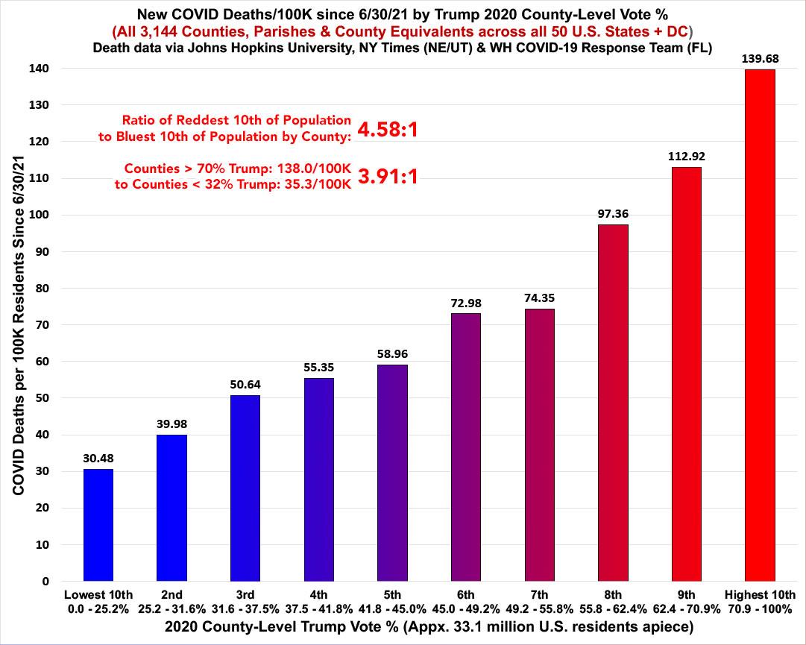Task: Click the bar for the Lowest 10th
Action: (x=98, y=525)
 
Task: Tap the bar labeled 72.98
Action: (x=466, y=447)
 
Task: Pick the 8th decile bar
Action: (x=613, y=403)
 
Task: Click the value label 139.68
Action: (x=761, y=57)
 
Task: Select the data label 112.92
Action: (x=687, y=156)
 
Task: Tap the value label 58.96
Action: (x=392, y=353)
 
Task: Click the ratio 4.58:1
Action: (x=387, y=130)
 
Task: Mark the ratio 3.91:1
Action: (x=387, y=176)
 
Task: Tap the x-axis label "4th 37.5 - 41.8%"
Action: (x=318, y=601)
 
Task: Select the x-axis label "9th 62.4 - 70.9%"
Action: (x=687, y=601)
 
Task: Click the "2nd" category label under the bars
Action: (x=171, y=594)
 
